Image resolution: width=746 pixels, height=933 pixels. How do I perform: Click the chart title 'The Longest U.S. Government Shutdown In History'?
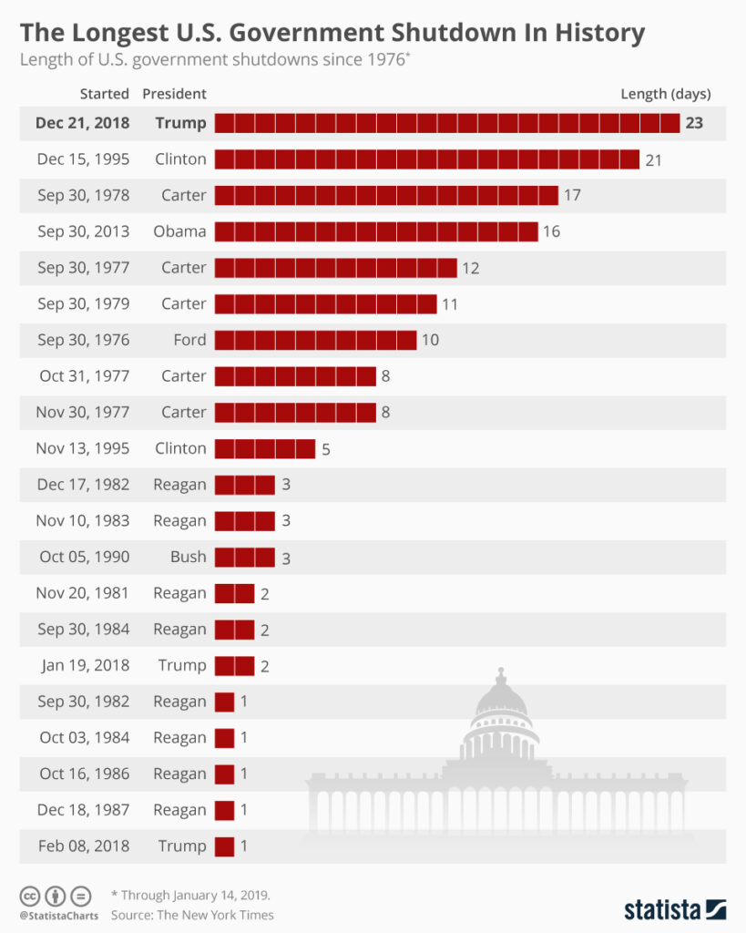click(332, 34)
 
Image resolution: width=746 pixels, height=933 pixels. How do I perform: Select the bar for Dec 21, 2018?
click(446, 123)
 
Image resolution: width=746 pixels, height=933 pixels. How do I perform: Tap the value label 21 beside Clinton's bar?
click(653, 159)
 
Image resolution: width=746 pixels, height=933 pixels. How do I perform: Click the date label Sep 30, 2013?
click(83, 231)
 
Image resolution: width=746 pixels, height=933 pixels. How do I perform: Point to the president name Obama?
click(179, 231)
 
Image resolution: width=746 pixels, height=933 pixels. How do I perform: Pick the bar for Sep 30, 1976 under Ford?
click(315, 340)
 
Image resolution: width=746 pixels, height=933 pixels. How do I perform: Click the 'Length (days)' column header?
click(665, 94)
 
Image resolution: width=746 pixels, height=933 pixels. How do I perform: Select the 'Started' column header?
click(104, 94)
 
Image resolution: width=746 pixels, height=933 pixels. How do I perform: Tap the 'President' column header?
click(174, 94)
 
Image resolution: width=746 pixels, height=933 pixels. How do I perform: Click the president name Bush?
click(189, 557)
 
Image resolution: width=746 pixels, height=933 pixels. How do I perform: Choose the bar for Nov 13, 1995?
click(264, 448)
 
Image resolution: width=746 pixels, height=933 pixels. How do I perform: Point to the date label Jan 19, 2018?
click(86, 665)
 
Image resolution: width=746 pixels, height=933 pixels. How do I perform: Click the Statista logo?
click(674, 908)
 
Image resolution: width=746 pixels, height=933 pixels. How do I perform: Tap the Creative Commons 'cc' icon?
click(30, 896)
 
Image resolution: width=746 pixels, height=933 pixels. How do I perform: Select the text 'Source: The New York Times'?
click(192, 915)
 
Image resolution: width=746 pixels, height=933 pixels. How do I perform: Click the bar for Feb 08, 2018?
click(224, 846)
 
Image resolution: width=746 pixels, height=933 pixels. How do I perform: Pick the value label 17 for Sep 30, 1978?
click(572, 195)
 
